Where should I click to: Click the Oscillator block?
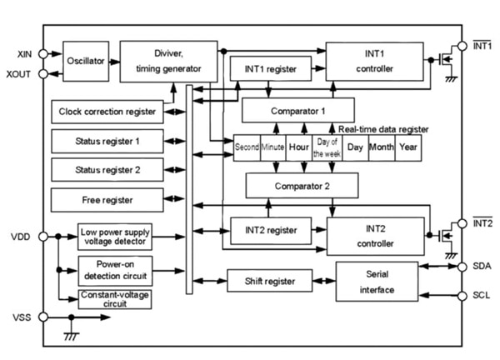(87, 60)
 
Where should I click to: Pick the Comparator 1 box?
(298, 109)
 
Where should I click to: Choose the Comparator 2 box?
(302, 184)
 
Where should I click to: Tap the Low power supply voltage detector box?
(116, 237)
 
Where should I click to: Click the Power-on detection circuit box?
(116, 269)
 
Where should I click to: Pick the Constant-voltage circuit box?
(116, 298)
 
